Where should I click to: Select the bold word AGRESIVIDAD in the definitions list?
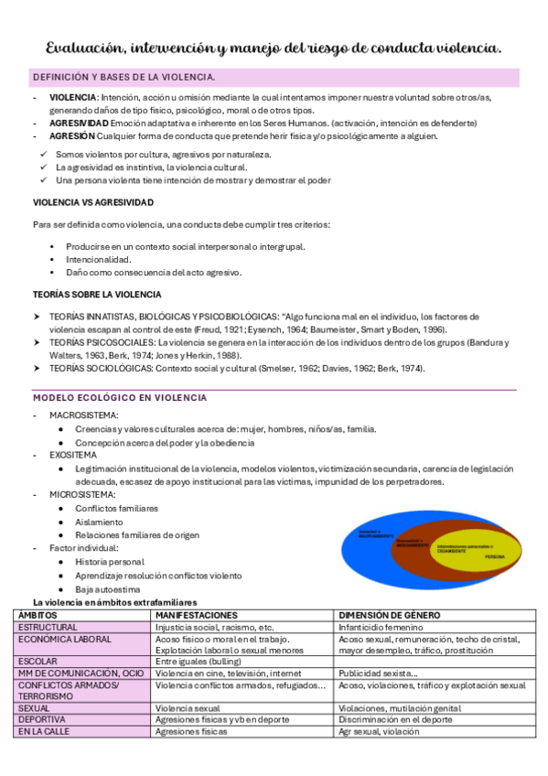click(x=79, y=123)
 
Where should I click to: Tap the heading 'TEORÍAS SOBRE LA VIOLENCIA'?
click(x=97, y=294)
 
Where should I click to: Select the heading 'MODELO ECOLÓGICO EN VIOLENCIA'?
click(x=120, y=398)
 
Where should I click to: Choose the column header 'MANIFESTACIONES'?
click(x=197, y=615)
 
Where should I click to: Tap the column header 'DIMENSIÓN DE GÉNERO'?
click(x=390, y=615)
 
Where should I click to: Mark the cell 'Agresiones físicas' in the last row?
click(x=191, y=731)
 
